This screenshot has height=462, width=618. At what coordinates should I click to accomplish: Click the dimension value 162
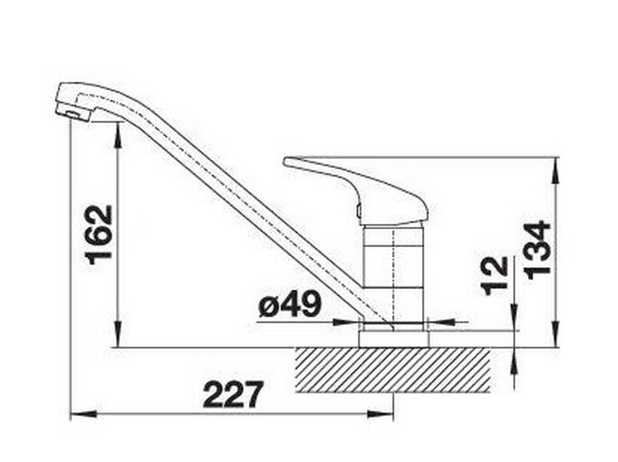(99, 235)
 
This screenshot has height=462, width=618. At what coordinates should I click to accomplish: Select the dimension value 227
(233, 395)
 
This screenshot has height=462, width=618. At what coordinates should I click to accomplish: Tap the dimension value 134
(539, 250)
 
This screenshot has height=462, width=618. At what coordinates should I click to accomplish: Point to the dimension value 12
(496, 276)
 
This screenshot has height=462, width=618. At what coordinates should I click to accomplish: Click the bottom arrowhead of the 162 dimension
(118, 335)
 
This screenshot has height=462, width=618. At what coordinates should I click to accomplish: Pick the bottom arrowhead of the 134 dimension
(556, 335)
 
